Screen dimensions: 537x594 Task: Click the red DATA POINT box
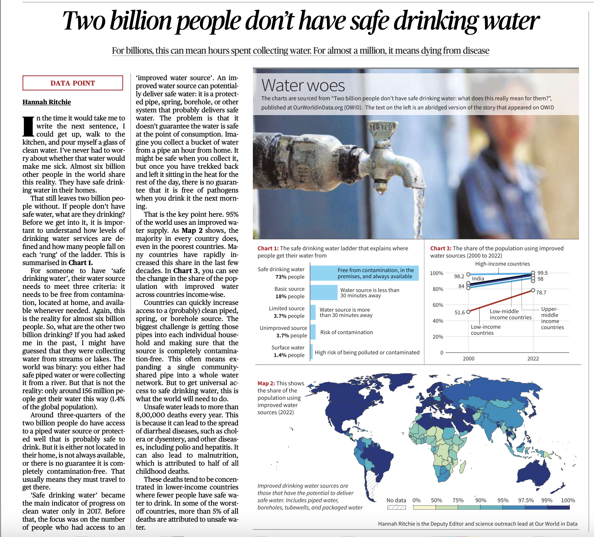(x=73, y=83)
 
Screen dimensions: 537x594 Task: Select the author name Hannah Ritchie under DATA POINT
(x=47, y=102)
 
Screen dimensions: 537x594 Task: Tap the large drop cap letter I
(x=28, y=126)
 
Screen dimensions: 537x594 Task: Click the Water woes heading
(x=303, y=85)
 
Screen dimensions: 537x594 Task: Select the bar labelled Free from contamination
(x=364, y=273)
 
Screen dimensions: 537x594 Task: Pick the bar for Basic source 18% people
(x=323, y=292)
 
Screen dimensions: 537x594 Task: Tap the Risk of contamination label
(x=346, y=332)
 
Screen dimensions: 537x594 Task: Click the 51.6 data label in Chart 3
(x=460, y=312)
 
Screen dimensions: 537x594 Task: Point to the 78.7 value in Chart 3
(x=541, y=293)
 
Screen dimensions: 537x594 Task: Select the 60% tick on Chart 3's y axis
(x=438, y=305)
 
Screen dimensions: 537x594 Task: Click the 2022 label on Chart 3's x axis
(x=533, y=359)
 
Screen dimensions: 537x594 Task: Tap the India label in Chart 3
(x=478, y=279)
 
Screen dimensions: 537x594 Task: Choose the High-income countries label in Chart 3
(x=502, y=264)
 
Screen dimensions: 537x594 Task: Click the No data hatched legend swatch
(x=396, y=507)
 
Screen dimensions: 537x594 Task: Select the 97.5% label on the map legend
(x=526, y=500)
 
